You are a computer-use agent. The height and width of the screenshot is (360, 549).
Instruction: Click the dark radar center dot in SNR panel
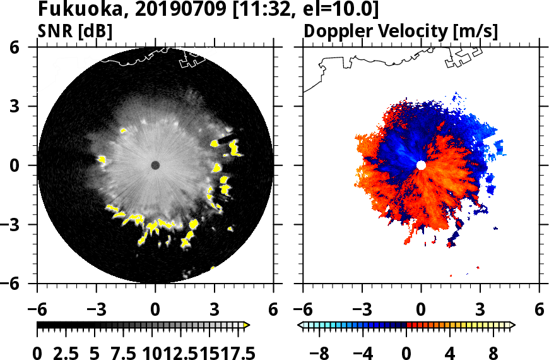[x=155, y=165]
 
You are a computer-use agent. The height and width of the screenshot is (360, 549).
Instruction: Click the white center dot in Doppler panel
[x=421, y=165]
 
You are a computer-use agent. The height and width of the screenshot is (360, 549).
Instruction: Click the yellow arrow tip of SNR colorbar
[x=247, y=325]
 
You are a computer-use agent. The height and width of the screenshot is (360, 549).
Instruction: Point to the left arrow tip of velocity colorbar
[x=300, y=325]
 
